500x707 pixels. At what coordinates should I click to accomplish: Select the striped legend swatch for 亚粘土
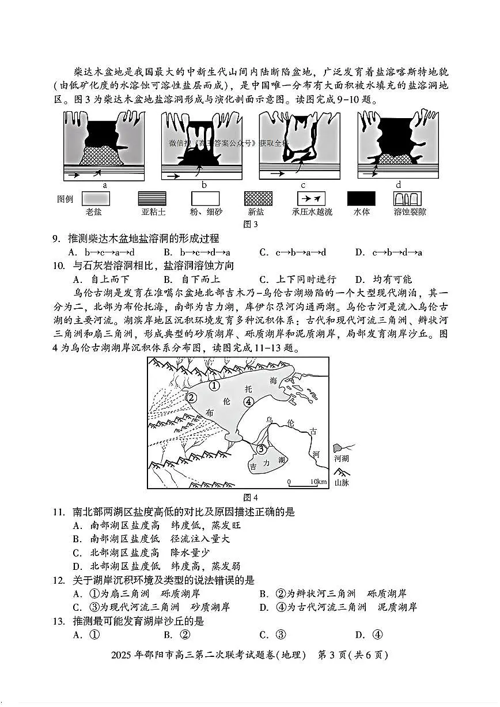(x=152, y=199)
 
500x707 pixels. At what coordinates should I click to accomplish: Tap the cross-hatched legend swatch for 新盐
(x=258, y=199)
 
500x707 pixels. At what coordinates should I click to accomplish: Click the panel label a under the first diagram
(x=105, y=185)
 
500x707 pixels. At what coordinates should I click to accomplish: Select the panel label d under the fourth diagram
(x=399, y=185)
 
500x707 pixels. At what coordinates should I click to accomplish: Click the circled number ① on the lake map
(x=214, y=385)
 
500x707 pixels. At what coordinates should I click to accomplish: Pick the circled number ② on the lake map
(x=192, y=398)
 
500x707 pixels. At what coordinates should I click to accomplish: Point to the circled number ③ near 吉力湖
(x=261, y=448)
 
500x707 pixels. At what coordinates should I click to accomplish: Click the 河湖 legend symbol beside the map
(x=342, y=448)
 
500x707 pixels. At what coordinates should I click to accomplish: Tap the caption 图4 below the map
(x=251, y=497)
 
